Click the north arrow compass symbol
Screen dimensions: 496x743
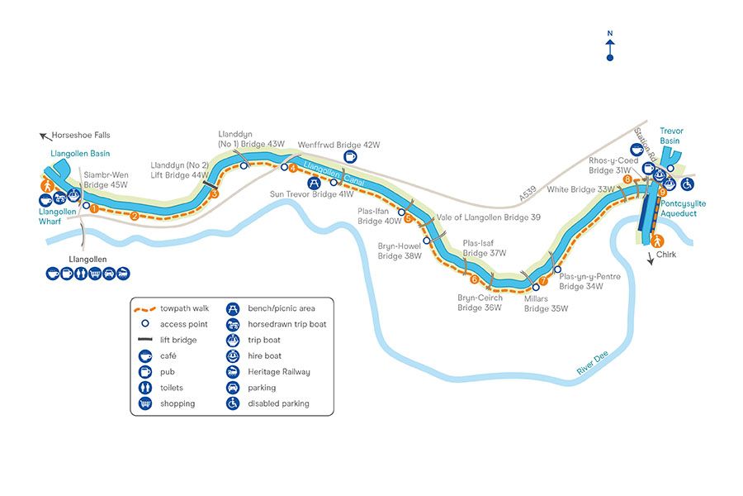pos(609,45)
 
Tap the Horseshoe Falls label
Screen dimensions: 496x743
pos(80,135)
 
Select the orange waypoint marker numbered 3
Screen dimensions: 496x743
pos(214,194)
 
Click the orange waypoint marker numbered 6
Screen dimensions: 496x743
pos(475,278)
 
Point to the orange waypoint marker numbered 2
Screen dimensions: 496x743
pos(135,217)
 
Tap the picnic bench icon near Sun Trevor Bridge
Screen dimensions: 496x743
pos(314,183)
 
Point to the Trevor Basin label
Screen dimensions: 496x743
pos(676,136)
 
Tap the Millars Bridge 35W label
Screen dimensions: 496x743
pos(546,303)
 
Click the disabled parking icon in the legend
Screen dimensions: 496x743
pos(233,403)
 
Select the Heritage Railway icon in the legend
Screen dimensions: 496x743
pos(233,372)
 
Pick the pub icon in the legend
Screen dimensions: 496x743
pos(146,372)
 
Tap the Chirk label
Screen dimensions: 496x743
pos(666,255)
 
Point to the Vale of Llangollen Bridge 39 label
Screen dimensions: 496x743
pos(489,217)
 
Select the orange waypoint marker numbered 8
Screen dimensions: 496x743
pos(628,179)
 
